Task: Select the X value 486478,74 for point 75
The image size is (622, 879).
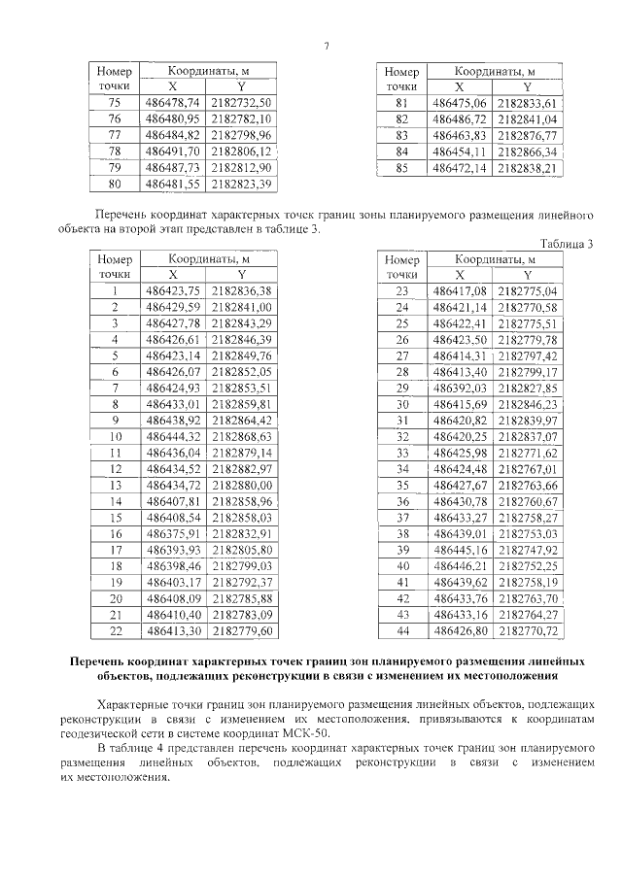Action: pos(172,102)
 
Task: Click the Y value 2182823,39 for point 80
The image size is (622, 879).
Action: pos(241,184)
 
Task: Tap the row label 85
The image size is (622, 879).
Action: pos(401,167)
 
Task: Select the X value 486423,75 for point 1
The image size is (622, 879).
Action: pos(172,290)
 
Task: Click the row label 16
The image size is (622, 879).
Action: pos(115,534)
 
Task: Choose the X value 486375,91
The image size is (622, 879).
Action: pos(172,534)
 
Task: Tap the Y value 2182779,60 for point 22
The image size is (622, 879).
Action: pos(241,632)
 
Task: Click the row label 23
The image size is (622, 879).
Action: pos(401,290)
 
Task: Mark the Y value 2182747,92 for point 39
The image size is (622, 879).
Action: pos(527,550)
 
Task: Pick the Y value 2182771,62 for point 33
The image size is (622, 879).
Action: pos(527,453)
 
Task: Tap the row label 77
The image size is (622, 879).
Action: pos(115,134)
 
